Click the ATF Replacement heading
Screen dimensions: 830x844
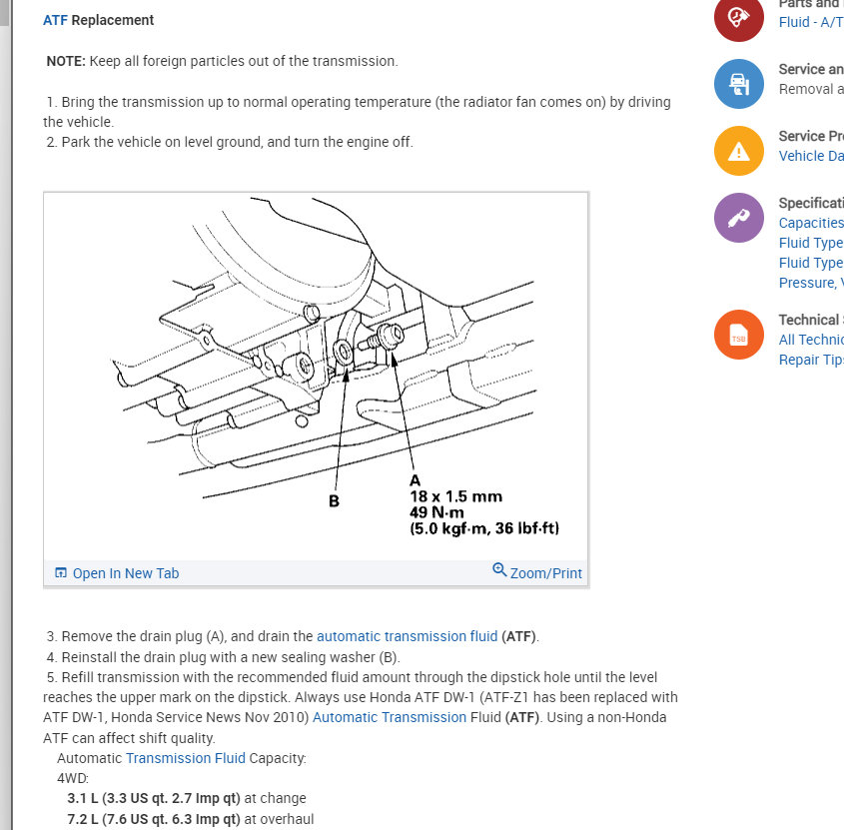(x=98, y=20)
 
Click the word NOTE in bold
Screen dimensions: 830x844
(x=66, y=61)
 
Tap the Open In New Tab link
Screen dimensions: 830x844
(x=117, y=573)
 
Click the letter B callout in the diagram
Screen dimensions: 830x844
(x=335, y=500)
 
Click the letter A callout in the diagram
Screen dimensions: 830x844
(x=416, y=480)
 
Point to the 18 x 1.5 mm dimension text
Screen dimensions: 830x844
(x=455, y=496)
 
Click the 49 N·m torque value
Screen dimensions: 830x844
(x=436, y=512)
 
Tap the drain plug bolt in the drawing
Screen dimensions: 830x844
(x=383, y=342)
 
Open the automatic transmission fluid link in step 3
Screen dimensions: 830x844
(x=407, y=636)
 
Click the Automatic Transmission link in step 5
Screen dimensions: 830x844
(x=390, y=717)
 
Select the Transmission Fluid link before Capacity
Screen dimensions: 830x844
(x=185, y=758)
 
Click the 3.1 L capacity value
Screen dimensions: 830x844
(x=79, y=798)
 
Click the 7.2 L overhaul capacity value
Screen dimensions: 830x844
(x=79, y=819)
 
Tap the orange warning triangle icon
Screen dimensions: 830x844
(x=739, y=151)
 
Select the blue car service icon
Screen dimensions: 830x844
(x=739, y=84)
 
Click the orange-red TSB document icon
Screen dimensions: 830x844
(x=739, y=338)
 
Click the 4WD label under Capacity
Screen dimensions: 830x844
(x=73, y=778)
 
